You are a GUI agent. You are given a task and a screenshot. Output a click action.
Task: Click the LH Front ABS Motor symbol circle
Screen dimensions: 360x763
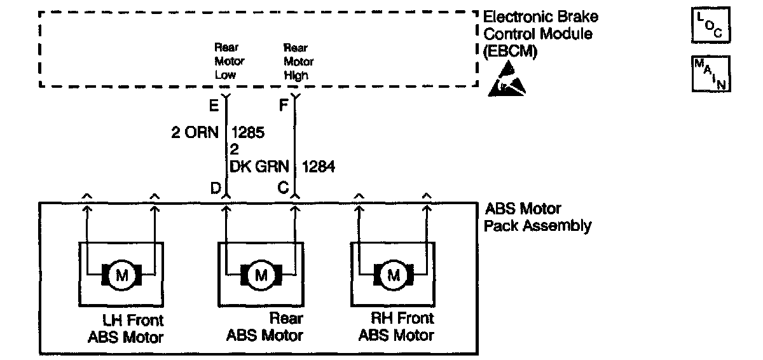120,275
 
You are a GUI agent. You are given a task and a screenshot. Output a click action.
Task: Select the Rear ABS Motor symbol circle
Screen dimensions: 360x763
260,275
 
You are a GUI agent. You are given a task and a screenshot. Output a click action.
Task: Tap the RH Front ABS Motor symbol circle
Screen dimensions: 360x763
393,275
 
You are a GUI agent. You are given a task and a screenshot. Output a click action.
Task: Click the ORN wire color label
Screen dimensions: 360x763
202,133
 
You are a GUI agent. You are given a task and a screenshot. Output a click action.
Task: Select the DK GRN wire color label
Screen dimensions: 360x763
259,167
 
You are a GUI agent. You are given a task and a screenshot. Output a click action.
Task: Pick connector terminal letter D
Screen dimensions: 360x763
216,188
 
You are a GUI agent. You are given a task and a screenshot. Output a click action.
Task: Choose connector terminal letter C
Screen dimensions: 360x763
284,188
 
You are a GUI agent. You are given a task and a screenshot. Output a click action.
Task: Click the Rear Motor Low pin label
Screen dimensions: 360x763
229,61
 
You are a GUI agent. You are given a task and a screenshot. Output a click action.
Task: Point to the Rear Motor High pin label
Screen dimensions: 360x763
298,61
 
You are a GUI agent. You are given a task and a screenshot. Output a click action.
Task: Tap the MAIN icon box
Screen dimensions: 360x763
711,74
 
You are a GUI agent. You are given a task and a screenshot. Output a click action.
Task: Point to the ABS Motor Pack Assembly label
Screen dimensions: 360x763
538,217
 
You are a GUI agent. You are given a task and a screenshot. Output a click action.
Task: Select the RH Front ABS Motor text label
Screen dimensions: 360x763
396,326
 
